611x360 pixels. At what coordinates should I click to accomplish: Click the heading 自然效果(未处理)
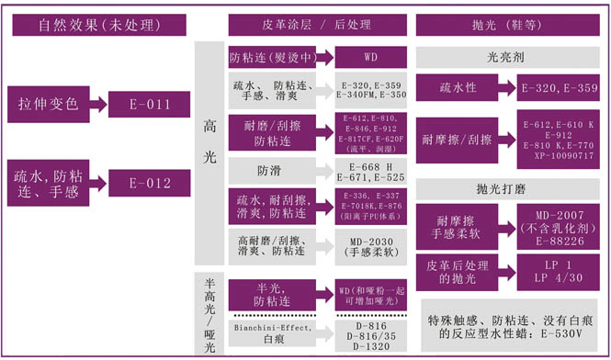tap(97, 24)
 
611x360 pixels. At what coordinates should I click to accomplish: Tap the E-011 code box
tap(150, 104)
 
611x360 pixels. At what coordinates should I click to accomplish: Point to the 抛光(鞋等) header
tap(508, 24)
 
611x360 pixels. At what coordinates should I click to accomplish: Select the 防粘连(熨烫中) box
tap(274, 57)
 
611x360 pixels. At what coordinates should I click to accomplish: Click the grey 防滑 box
tap(274, 170)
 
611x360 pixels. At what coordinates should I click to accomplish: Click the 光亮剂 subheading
tap(508, 57)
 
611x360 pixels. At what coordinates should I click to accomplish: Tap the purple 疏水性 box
tap(457, 89)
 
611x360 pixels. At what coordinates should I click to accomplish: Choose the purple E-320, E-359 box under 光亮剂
tap(560, 89)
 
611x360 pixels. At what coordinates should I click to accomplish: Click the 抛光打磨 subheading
tap(508, 189)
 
